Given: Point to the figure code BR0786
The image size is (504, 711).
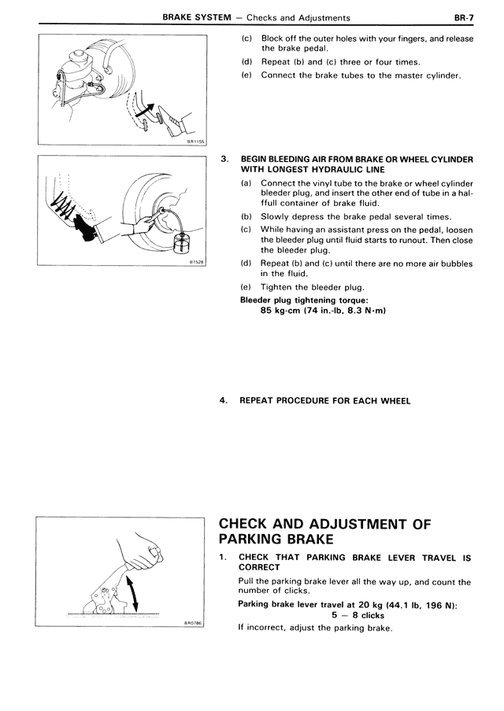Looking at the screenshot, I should click(x=194, y=621).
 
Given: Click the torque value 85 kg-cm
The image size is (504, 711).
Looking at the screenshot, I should click(x=288, y=309).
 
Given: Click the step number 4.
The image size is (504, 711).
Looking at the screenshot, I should click(x=224, y=400).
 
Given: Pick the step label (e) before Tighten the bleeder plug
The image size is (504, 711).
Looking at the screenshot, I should click(x=246, y=287).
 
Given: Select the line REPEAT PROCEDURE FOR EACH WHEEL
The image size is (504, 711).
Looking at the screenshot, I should click(x=324, y=400).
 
